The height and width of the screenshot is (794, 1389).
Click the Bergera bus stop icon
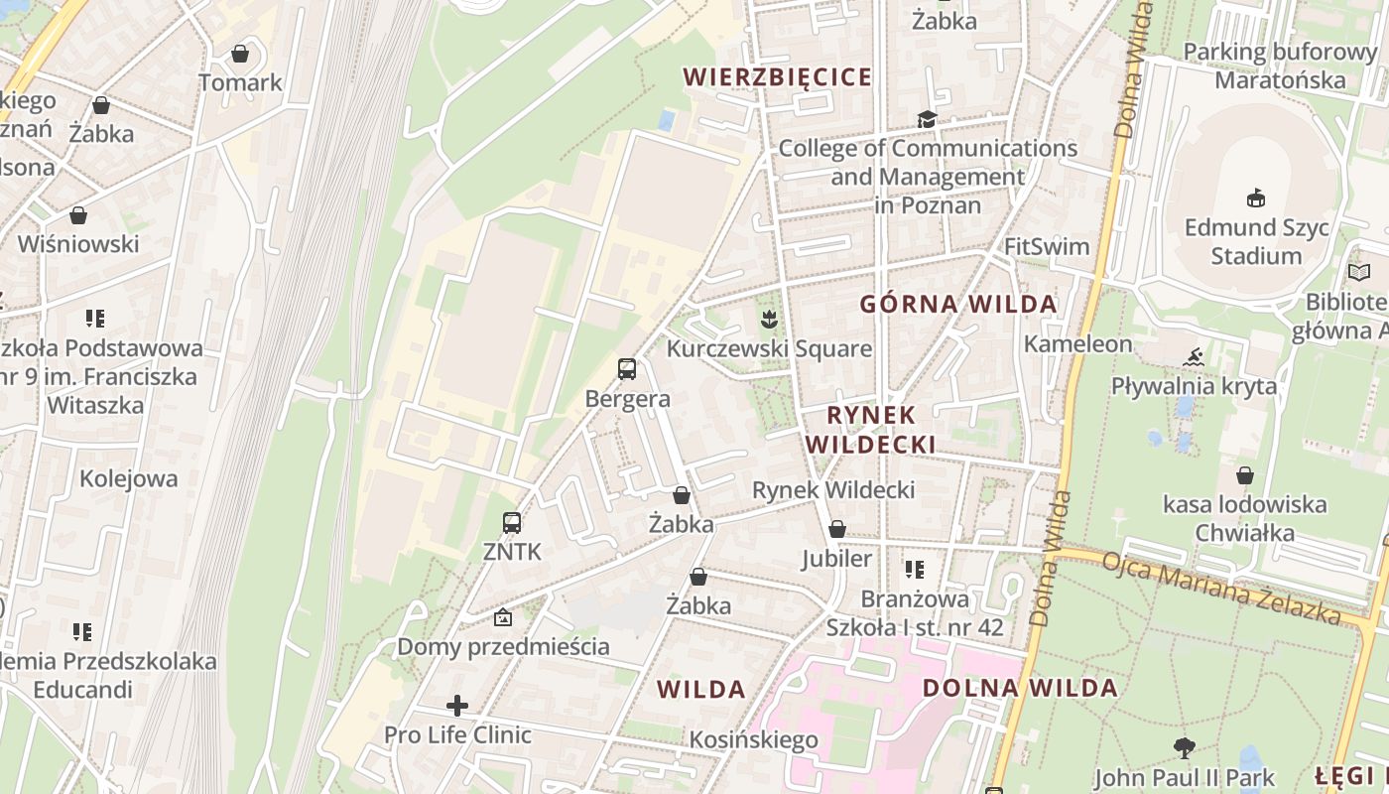(627, 369)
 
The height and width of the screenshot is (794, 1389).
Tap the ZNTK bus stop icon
(512, 522)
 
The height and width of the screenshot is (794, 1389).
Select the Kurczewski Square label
(769, 348)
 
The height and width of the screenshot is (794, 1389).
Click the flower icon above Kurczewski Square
(768, 319)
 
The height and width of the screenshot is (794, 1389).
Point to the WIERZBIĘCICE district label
(778, 76)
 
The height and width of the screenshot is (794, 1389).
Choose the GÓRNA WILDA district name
(958, 304)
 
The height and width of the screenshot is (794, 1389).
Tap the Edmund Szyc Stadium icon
(1256, 198)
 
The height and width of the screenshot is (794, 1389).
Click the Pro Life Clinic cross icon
(457, 706)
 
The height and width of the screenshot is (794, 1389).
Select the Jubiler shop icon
(837, 529)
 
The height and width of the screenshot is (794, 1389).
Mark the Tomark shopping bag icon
(240, 54)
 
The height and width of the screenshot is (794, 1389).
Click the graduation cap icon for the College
(927, 119)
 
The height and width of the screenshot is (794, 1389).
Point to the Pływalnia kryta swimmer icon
(1194, 356)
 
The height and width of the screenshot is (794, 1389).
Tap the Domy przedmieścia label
(503, 646)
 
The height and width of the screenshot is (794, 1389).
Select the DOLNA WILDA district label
(1020, 688)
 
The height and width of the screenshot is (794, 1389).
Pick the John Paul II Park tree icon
(1183, 747)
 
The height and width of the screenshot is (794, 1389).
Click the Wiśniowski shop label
(78, 243)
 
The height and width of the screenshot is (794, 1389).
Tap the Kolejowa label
(129, 478)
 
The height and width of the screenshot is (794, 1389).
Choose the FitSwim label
(1047, 246)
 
